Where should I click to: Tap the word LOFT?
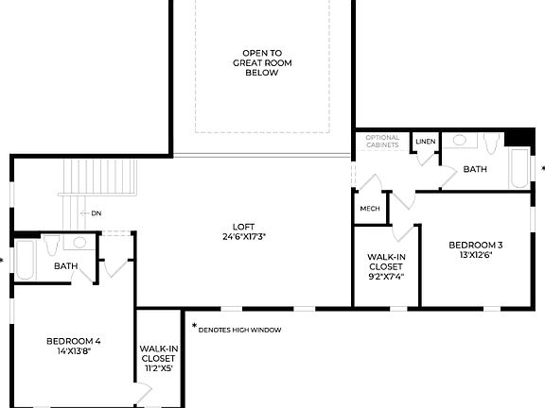click(x=243, y=226)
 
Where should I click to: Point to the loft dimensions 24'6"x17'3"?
click(x=243, y=236)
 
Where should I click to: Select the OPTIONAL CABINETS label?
click(x=383, y=143)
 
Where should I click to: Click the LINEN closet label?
click(x=426, y=142)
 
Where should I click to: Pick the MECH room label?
click(x=369, y=209)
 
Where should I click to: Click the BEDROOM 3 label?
click(x=475, y=246)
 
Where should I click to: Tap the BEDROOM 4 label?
click(x=74, y=340)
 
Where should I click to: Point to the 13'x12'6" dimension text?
click(x=475, y=255)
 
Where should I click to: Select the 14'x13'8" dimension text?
click(x=74, y=350)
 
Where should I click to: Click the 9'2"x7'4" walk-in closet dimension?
click(x=385, y=277)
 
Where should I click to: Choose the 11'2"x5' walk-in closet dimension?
click(x=157, y=368)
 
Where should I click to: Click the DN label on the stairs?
click(x=97, y=213)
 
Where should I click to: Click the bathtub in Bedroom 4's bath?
click(x=25, y=261)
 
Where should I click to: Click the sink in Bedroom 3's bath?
click(x=459, y=141)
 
